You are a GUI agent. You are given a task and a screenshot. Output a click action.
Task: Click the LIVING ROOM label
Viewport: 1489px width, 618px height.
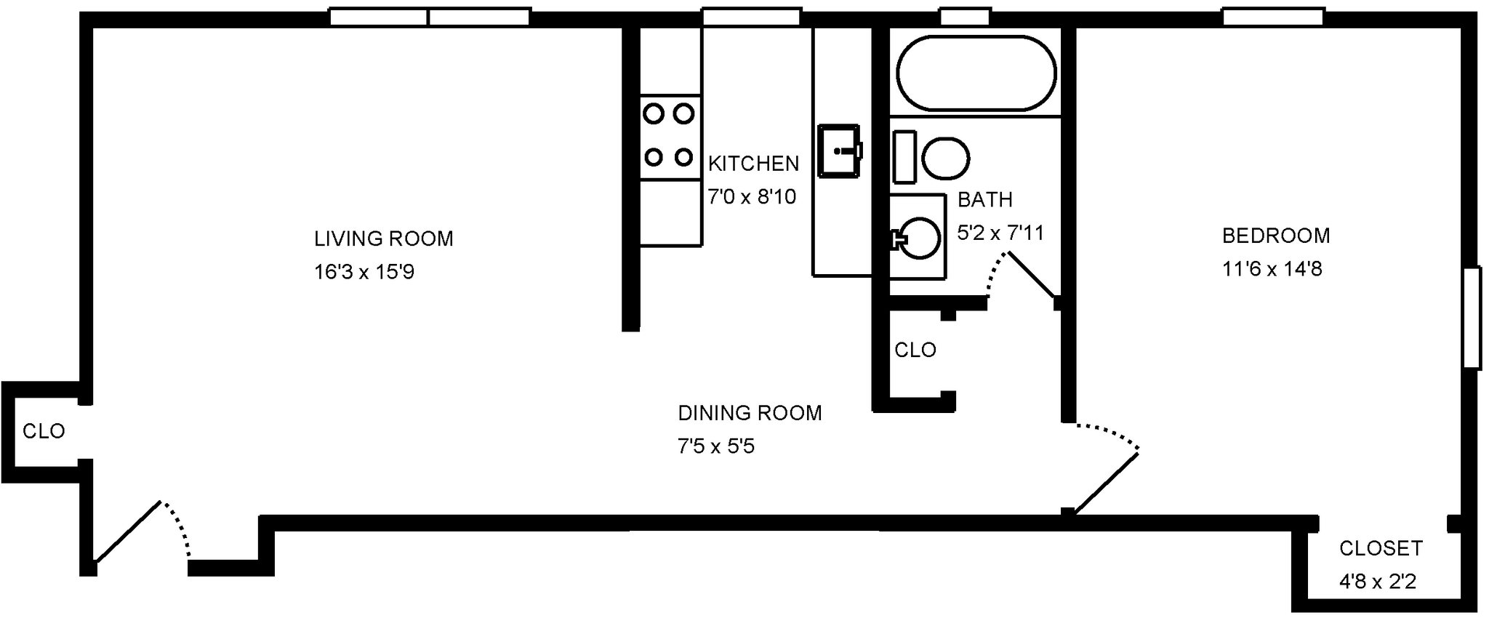pos(383,238)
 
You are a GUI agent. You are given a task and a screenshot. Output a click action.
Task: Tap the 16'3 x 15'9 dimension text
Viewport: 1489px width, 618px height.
pos(364,272)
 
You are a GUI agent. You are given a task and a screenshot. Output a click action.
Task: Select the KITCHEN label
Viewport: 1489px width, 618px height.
pos(753,164)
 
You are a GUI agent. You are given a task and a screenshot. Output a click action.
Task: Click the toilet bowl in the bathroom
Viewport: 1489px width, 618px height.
pos(946,158)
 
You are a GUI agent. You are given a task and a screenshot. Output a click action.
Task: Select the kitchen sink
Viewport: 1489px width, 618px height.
pos(839,151)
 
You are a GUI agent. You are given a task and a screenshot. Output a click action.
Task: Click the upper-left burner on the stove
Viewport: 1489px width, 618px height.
pos(654,113)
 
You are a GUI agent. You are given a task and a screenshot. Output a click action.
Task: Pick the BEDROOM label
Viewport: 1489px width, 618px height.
pos(1275,236)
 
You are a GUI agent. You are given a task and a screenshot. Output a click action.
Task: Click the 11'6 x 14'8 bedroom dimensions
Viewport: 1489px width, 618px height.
pos(1272,269)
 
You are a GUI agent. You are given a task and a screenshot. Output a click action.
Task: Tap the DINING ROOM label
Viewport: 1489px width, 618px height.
pos(750,413)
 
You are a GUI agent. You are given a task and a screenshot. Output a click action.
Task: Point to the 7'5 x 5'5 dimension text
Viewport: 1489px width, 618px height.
pos(715,446)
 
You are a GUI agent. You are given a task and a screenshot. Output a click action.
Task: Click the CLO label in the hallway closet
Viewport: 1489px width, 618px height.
pos(915,350)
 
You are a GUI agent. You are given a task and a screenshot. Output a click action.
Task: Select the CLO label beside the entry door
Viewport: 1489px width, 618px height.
pos(44,432)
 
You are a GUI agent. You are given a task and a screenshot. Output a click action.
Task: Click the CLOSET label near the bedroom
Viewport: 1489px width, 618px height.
pos(1381,548)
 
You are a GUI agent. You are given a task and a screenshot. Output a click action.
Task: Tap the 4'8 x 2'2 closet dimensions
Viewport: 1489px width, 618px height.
pos(1377,582)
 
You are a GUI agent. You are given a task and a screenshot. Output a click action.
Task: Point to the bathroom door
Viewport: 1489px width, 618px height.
pos(1031,275)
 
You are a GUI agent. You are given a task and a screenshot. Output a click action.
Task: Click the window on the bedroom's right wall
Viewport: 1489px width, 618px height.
pos(1471,318)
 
